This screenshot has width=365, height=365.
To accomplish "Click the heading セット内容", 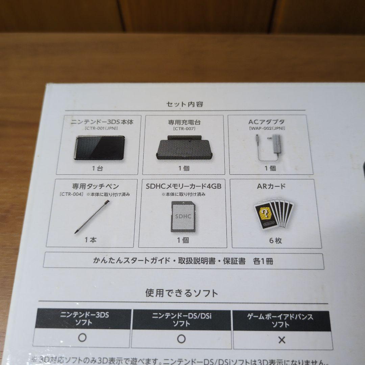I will click(x=185, y=104).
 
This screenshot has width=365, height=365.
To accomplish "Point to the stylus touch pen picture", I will click(x=91, y=216).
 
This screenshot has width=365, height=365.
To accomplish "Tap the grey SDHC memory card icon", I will click(x=183, y=216).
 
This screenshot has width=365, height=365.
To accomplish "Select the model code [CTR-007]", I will click(x=184, y=128).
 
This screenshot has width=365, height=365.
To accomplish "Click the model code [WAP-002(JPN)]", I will click(x=267, y=128).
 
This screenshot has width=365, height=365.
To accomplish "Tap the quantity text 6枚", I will click(x=276, y=241).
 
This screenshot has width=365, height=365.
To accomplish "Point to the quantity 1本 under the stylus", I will click(x=91, y=240).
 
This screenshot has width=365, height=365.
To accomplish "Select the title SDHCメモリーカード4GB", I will click(x=184, y=186).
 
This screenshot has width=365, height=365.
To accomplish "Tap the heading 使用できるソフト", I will click(x=181, y=293).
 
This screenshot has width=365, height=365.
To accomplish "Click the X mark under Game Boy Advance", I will click(x=282, y=340).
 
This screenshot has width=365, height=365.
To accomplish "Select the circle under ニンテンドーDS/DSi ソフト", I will click(x=181, y=339).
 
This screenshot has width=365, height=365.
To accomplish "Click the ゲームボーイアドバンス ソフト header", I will click(x=281, y=321).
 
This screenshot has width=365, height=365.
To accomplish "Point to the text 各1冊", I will click(x=263, y=261).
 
